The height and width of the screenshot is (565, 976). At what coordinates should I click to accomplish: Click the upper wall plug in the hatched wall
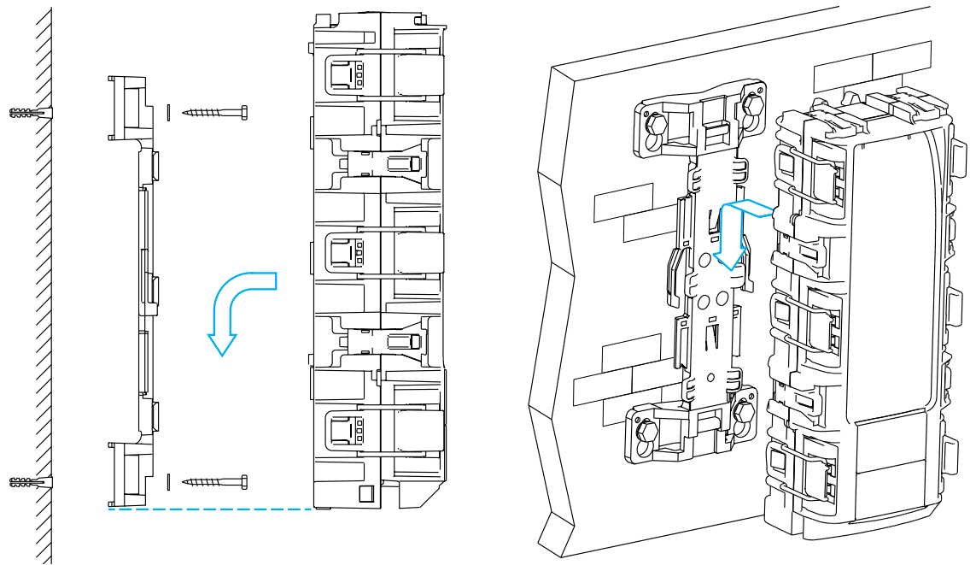click(30, 113)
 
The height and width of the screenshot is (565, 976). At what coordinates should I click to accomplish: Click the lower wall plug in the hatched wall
click(30, 484)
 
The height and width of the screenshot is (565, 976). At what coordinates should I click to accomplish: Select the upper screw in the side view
click(214, 111)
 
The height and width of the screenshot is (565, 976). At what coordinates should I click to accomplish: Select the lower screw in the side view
click(214, 482)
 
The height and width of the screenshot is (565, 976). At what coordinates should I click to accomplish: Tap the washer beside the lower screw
click(169, 482)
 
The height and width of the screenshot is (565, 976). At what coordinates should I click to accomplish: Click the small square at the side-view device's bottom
click(365, 494)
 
